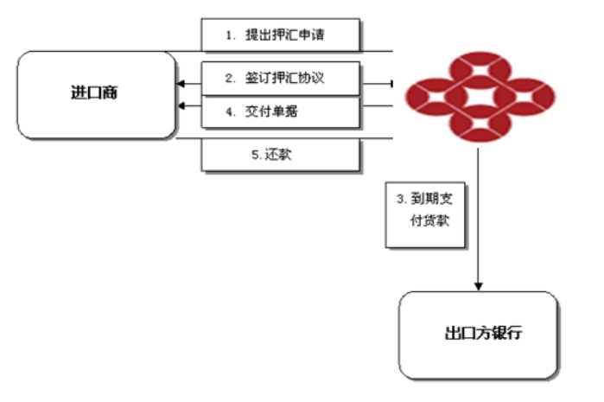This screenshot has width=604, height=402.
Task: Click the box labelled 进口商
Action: coord(94,94)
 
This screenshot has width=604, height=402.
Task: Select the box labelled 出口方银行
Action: coord(477,334)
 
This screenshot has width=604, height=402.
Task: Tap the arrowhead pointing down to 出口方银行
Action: coord(477,286)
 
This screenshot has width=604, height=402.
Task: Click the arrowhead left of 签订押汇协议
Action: coord(181,84)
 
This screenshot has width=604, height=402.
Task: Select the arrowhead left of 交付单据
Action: coord(181,106)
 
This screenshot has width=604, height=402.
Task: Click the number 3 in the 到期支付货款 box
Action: coord(400,199)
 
